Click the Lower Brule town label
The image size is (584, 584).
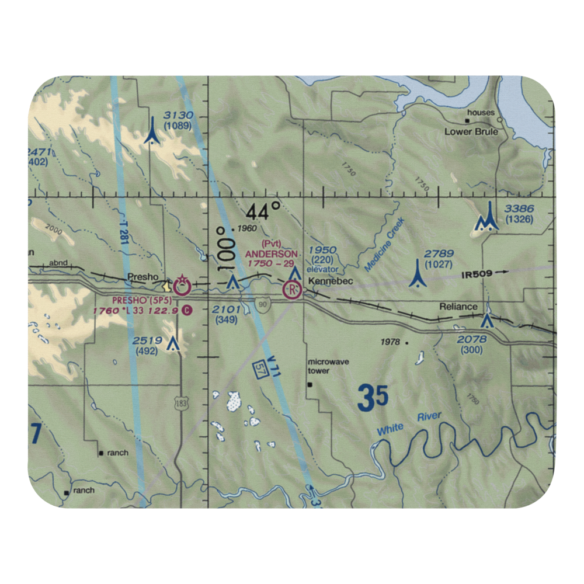(471, 132)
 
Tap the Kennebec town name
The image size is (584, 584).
(328, 281)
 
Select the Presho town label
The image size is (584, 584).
(140, 278)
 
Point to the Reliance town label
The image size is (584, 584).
(458, 307)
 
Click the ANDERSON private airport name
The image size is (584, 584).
(271, 254)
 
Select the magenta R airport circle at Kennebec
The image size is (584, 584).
(292, 289)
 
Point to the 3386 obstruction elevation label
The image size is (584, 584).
(519, 209)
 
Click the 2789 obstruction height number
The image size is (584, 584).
(439, 253)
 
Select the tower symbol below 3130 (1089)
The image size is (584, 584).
(152, 131)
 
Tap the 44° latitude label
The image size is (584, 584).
(263, 211)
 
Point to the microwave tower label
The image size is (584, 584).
(329, 366)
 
